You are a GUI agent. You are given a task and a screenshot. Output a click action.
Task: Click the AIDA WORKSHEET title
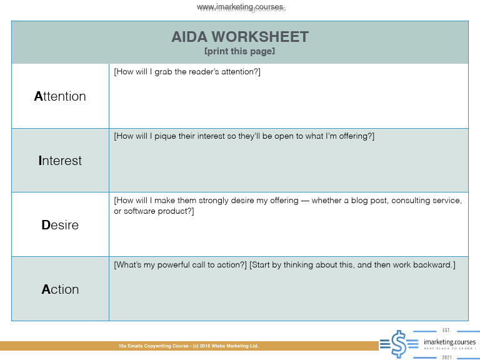240,37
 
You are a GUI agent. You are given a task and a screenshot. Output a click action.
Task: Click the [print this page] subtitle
239,51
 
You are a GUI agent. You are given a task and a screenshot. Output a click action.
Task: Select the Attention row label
60,96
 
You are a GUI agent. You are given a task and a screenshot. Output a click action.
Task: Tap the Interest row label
60,161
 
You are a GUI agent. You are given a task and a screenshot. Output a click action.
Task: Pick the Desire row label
60,225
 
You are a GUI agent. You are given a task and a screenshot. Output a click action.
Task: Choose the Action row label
60,289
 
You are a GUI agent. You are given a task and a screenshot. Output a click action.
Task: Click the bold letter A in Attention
38,96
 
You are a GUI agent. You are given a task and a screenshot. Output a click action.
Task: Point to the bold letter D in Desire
46,225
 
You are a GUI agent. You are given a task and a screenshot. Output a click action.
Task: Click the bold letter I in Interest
41,161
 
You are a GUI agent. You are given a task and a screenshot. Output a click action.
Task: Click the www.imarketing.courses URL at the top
241,7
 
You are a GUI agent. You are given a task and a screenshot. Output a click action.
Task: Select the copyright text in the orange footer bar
188,346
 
